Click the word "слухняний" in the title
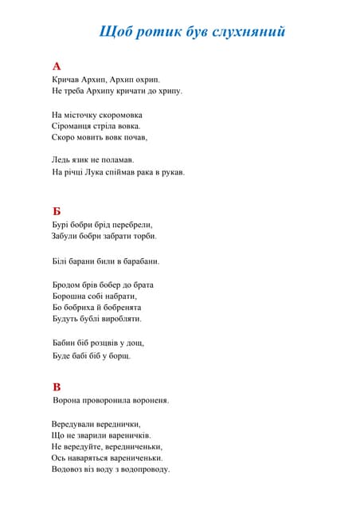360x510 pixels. pos(248,32)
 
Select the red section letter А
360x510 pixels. pos(57,66)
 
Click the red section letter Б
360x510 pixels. pos(57,211)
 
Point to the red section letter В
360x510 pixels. pos(57,386)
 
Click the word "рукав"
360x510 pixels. pos(171,171)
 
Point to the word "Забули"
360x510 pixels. pos(66,236)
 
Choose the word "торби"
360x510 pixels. pos(144,236)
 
